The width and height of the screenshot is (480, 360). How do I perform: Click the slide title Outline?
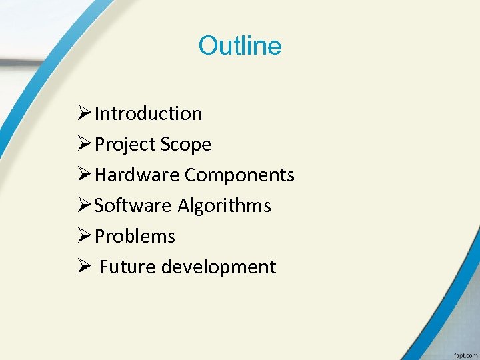pyautogui.click(x=240, y=46)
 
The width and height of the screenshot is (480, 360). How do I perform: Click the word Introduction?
pyautogui.click(x=148, y=113)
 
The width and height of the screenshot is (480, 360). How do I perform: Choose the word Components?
pyautogui.click(x=239, y=175)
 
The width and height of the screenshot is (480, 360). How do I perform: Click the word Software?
pyautogui.click(x=133, y=205)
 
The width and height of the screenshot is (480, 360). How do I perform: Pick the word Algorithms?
pyautogui.click(x=224, y=205)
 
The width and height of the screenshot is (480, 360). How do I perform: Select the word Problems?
pyautogui.click(x=135, y=236)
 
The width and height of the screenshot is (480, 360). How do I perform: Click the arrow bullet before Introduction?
pyautogui.click(x=85, y=113)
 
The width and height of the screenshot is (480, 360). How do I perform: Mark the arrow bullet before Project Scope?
pyautogui.click(x=85, y=144)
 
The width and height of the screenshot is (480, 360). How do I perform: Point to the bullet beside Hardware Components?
pyautogui.click(x=85, y=175)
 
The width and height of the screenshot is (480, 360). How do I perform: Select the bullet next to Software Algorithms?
pyautogui.click(x=85, y=205)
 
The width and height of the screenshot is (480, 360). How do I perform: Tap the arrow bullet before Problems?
pyautogui.click(x=85, y=236)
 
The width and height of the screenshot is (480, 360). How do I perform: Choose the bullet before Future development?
pyautogui.click(x=85, y=267)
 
